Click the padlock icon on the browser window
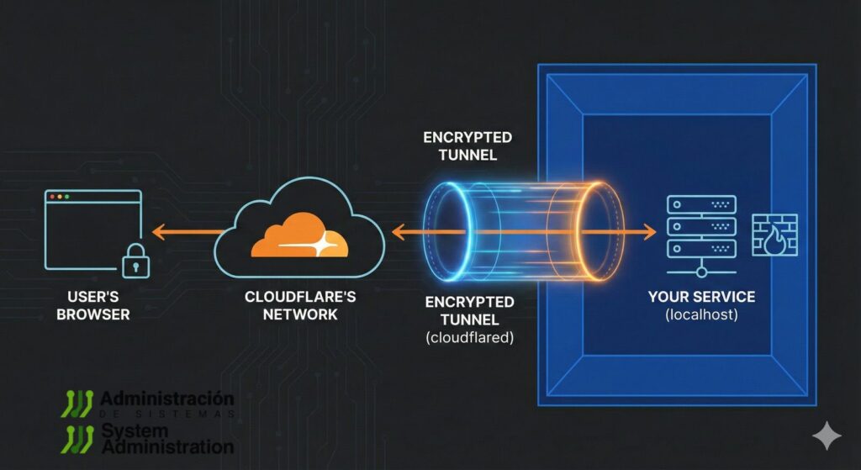135,262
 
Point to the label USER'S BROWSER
99,306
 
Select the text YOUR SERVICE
701,297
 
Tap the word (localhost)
701,314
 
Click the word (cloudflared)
469,337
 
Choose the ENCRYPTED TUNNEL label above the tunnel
467,145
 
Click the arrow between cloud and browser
186,230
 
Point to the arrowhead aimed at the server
650,230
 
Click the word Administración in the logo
166,397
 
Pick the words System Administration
166,437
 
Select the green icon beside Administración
78,403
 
